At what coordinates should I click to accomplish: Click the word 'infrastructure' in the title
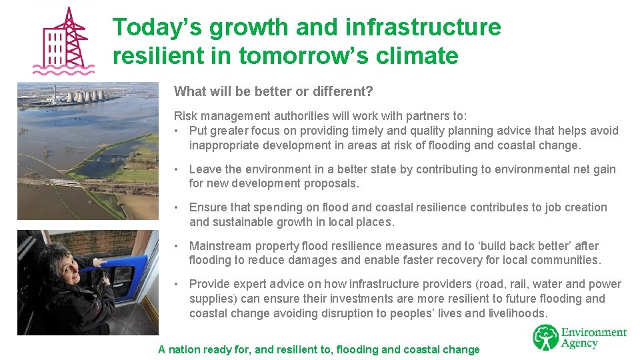(x=423, y=27)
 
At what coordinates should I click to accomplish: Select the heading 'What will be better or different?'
(x=273, y=91)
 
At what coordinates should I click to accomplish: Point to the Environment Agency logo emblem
(x=545, y=337)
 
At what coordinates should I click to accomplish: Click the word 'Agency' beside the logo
(x=580, y=344)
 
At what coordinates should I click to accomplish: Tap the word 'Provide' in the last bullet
(x=209, y=284)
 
